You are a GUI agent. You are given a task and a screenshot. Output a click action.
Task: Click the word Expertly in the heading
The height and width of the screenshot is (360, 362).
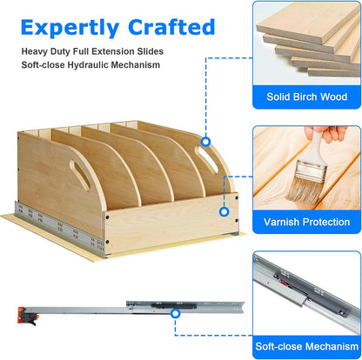[x=70, y=28]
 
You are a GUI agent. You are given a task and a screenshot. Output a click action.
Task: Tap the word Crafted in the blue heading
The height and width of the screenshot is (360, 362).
[x=171, y=27]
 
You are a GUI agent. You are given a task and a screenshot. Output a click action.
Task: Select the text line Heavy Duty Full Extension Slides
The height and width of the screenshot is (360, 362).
[x=92, y=51]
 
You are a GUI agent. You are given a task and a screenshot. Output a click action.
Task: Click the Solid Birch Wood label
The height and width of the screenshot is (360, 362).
[x=306, y=97]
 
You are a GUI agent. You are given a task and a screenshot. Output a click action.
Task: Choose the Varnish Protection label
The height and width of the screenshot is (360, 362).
[x=306, y=222]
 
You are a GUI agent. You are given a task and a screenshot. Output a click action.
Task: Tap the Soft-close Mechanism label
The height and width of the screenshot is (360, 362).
[x=306, y=346]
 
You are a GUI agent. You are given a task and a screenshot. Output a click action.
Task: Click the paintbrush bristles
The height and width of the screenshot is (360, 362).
[x=302, y=190]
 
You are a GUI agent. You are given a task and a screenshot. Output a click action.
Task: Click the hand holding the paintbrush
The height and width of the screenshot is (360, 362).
[x=333, y=132]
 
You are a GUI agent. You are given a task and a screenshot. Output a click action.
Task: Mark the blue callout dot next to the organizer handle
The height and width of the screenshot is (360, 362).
[x=205, y=142]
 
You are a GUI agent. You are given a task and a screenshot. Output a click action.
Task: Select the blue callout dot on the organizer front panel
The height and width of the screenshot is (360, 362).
[x=224, y=212]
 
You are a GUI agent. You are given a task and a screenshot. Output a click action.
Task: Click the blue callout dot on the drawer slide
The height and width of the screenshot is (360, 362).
[x=175, y=313]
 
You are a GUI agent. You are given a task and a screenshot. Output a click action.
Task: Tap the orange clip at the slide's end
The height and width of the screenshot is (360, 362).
[x=27, y=316]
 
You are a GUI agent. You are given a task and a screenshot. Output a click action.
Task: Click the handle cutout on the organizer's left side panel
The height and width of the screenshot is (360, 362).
[x=80, y=175]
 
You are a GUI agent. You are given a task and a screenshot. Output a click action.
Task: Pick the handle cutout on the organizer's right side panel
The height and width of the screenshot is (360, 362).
[x=206, y=159]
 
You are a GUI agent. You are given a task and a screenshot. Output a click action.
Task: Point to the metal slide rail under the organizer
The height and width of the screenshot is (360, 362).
[x=60, y=229]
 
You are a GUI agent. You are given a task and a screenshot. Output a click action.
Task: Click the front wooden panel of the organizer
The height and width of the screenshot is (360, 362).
[x=171, y=222]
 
